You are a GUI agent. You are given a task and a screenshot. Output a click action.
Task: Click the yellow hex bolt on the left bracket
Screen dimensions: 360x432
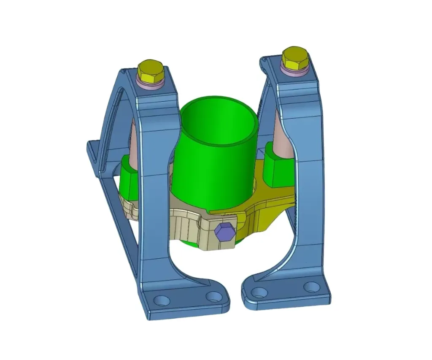tap(150, 72)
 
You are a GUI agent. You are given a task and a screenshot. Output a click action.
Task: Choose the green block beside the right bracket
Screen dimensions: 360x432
tap(278, 167)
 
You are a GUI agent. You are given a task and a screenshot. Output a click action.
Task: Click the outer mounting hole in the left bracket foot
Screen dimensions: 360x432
tap(162, 300)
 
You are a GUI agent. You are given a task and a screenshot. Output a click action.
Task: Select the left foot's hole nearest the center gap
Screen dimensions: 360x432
tap(213, 296)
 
